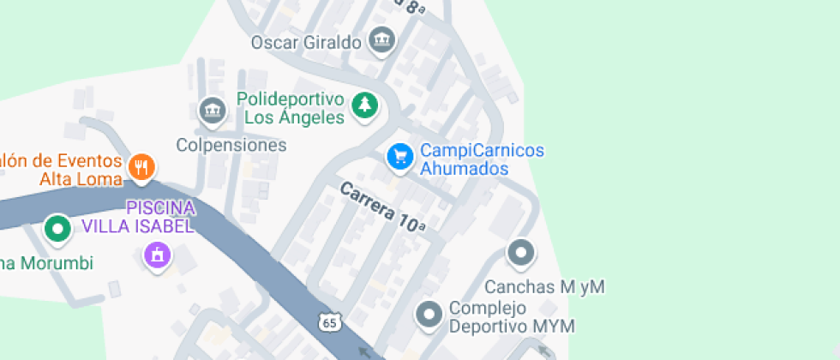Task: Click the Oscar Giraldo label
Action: tap(304, 42)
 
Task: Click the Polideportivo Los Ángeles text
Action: tap(291, 108)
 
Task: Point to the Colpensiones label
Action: tap(231, 145)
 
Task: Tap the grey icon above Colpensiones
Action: tap(211, 110)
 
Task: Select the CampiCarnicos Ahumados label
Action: tap(481, 159)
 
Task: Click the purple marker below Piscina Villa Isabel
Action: tap(157, 255)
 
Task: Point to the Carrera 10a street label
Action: tap(382, 207)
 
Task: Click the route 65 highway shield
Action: tap(329, 321)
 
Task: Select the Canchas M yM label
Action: tap(544, 286)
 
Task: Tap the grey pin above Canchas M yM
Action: tap(520, 253)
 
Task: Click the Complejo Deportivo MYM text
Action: tap(511, 317)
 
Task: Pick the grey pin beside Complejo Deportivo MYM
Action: tap(429, 315)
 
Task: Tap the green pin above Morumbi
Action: tap(58, 229)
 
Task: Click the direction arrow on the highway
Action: tap(366, 351)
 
